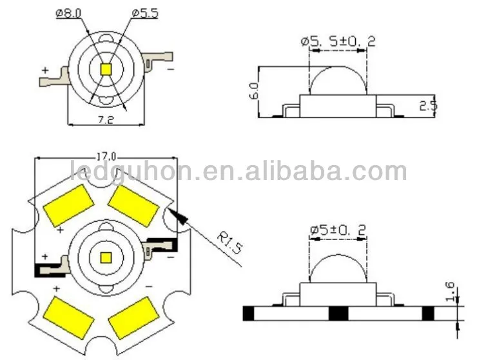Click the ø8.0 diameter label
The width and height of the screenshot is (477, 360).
pos(69,14)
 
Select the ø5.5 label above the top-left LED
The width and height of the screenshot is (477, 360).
pos(145,14)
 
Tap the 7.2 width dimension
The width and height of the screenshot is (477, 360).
pos(106,120)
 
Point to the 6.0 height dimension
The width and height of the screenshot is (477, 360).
pos(254,90)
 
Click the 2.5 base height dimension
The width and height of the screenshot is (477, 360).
pos(428,105)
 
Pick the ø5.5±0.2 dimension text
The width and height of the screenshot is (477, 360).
pos(338,41)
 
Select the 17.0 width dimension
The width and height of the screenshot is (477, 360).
pos(106,157)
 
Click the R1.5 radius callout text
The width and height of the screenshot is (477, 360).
pos(230,243)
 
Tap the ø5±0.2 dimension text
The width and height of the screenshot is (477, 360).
pos(337,230)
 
